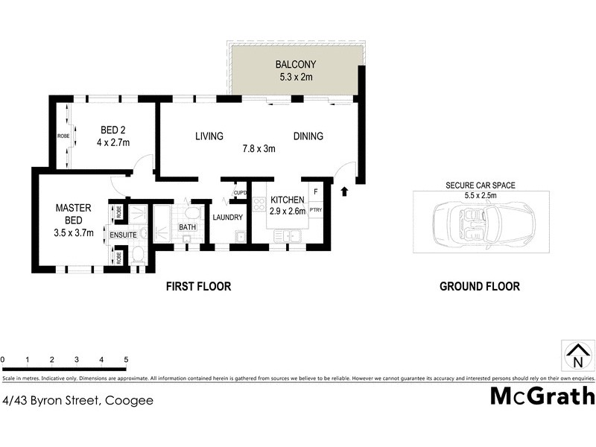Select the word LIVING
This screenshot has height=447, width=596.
(209, 136)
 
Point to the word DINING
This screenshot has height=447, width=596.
(308, 136)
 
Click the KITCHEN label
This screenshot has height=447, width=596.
(286, 200)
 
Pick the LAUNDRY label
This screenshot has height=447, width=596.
(228, 218)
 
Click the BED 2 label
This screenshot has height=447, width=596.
(113, 130)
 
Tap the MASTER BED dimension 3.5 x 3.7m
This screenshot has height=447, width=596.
(72, 232)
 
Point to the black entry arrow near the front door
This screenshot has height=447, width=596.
(343, 192)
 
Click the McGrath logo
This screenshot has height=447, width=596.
(542, 396)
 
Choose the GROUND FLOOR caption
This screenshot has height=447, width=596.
(479, 286)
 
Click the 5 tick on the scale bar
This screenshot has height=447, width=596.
(126, 360)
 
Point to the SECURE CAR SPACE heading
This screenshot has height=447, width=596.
(480, 186)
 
